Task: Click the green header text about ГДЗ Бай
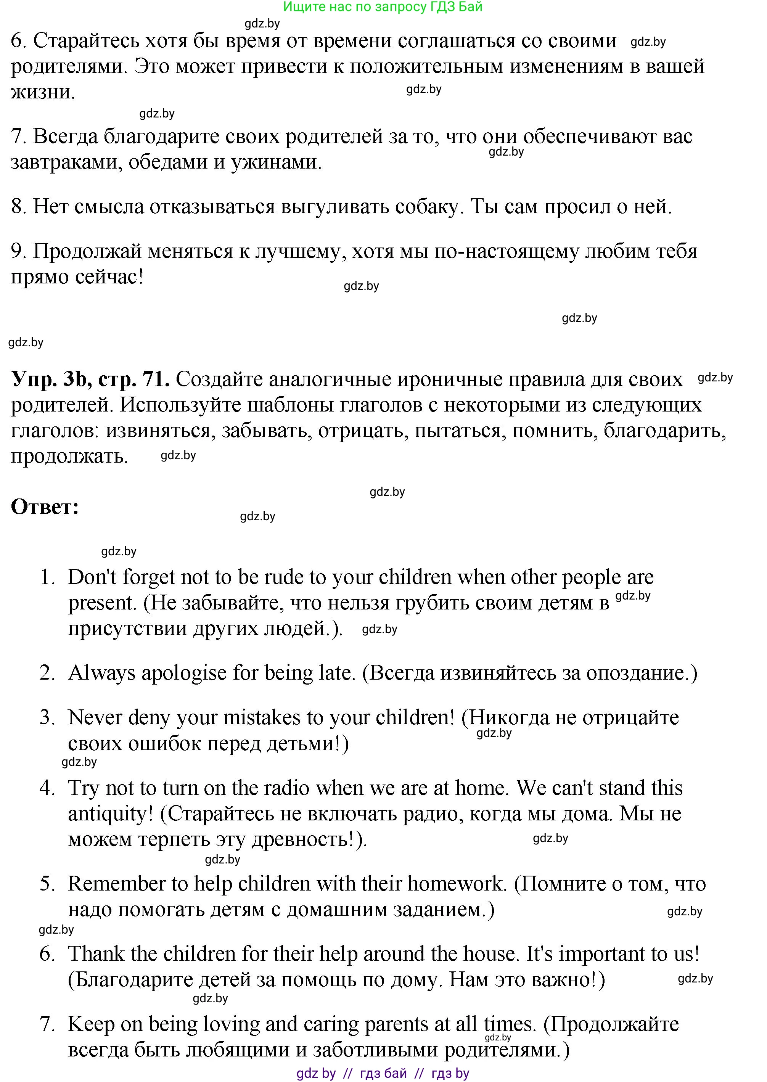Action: pos(383,6)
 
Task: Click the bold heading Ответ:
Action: pos(45,507)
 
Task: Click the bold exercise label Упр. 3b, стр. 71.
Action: pos(90,379)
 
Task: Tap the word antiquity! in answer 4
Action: pos(111,814)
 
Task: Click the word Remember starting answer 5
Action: pos(121,884)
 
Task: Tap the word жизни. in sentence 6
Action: pos(42,92)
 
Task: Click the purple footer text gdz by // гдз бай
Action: pos(383,1073)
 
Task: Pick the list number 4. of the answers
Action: pos(48,788)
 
